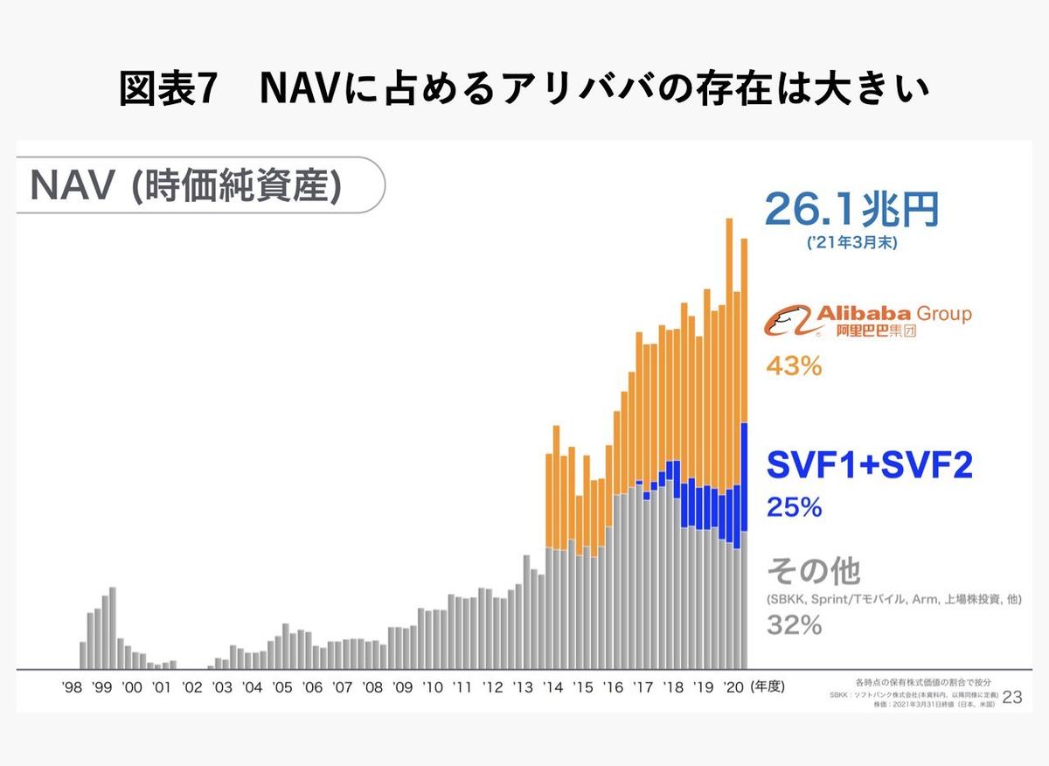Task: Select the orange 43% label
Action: coord(794,366)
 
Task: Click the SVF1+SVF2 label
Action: coord(869,465)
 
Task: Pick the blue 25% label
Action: coord(794,507)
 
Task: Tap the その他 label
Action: coord(813,572)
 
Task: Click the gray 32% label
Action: coord(794,625)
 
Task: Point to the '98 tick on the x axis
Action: coord(73,688)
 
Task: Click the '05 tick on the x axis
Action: coord(281,688)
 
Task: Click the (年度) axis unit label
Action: coord(768,688)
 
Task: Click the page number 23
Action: coord(1012,696)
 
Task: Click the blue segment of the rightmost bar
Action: coord(744,477)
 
